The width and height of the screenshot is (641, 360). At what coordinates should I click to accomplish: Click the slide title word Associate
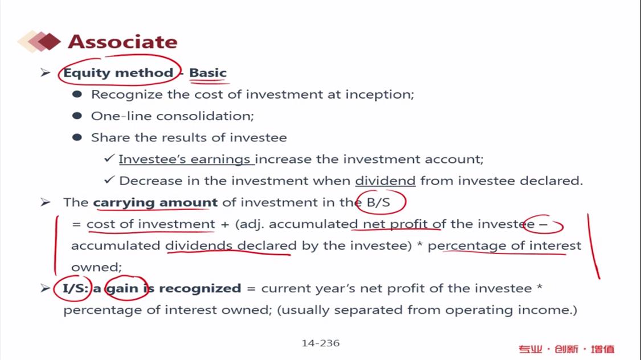pos(123,42)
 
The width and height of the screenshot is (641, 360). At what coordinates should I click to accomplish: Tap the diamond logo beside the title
pos(39,41)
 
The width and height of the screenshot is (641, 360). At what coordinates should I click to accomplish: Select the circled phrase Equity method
pos(118,73)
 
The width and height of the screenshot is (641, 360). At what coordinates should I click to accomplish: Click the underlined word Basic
pos(207,73)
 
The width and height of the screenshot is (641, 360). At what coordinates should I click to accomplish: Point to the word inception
pos(380,95)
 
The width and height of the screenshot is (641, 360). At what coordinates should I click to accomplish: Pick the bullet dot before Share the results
pos(77,137)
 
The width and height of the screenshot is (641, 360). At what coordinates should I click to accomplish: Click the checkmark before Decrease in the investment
pos(109,179)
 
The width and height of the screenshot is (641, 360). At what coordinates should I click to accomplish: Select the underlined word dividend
pos(385,181)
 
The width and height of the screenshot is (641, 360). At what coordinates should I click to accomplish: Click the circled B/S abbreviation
pos(378,202)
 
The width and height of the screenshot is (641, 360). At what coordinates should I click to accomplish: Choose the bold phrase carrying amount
pos(156,203)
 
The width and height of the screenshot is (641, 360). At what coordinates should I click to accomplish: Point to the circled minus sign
pos(543,224)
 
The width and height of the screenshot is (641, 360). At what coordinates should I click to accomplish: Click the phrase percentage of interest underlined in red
pos(504,246)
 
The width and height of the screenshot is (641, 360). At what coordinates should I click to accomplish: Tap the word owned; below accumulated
pos(96,267)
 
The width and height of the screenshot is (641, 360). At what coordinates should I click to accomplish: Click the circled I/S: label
pos(75,288)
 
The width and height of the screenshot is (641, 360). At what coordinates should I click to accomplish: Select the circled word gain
pos(123,289)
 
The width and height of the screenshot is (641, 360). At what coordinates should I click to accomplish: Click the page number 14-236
pos(320,343)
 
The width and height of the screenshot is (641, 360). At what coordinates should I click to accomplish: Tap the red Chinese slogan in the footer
pos(566,349)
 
